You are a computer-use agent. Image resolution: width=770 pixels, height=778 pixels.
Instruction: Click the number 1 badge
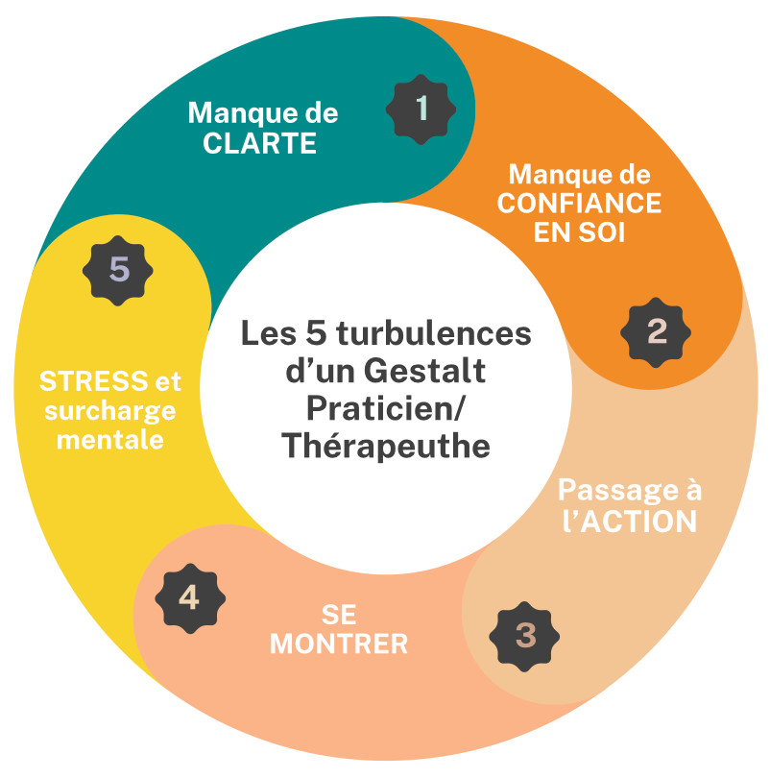click(x=420, y=109)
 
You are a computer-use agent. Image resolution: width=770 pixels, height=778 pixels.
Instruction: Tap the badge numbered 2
click(x=657, y=332)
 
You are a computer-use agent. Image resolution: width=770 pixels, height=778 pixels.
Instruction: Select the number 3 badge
click(x=525, y=635)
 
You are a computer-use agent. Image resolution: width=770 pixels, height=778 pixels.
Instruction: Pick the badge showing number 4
click(x=189, y=598)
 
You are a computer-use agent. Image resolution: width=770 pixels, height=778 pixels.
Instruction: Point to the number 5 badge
click(x=119, y=270)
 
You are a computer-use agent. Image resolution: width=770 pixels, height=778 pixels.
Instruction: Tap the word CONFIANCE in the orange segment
click(x=579, y=204)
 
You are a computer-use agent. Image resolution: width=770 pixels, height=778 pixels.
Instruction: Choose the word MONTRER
click(x=339, y=643)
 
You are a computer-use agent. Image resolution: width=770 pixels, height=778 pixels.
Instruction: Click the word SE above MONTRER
click(x=339, y=614)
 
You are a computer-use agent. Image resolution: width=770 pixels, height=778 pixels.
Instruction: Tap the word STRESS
click(x=84, y=381)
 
